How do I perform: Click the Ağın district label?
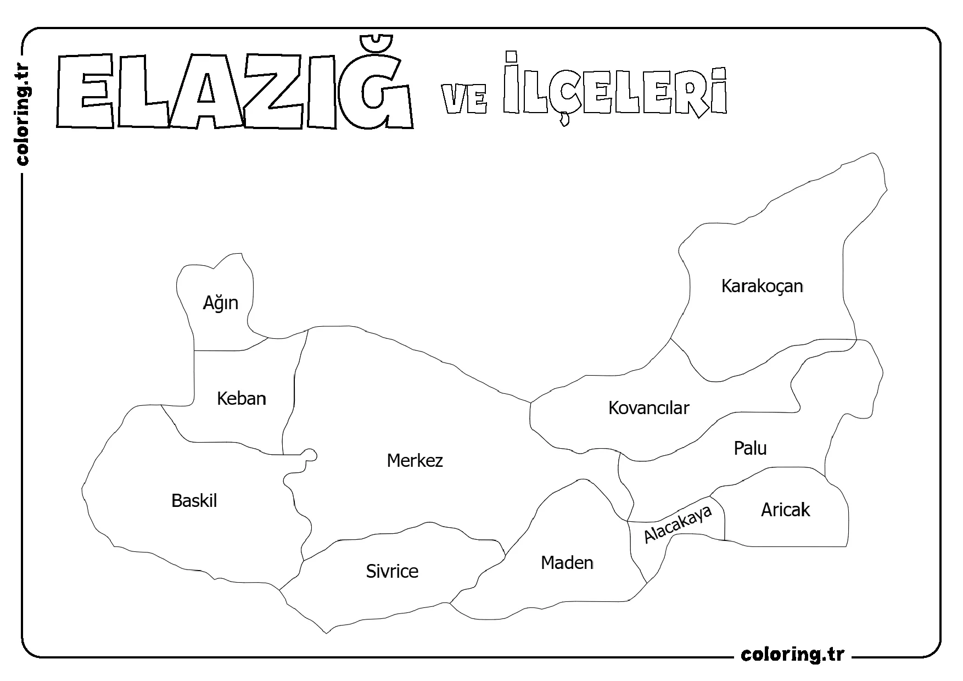click(x=220, y=303)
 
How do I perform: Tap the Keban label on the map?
click(x=242, y=398)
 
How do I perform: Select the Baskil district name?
click(x=194, y=501)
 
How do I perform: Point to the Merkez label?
click(x=415, y=460)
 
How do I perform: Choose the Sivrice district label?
click(x=392, y=571)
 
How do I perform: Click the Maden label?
click(x=567, y=562)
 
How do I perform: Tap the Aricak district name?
click(x=785, y=510)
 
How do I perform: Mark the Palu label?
click(x=750, y=448)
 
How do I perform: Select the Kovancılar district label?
click(x=648, y=408)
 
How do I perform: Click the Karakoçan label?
click(x=762, y=286)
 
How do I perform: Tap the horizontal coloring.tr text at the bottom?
click(x=792, y=654)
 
